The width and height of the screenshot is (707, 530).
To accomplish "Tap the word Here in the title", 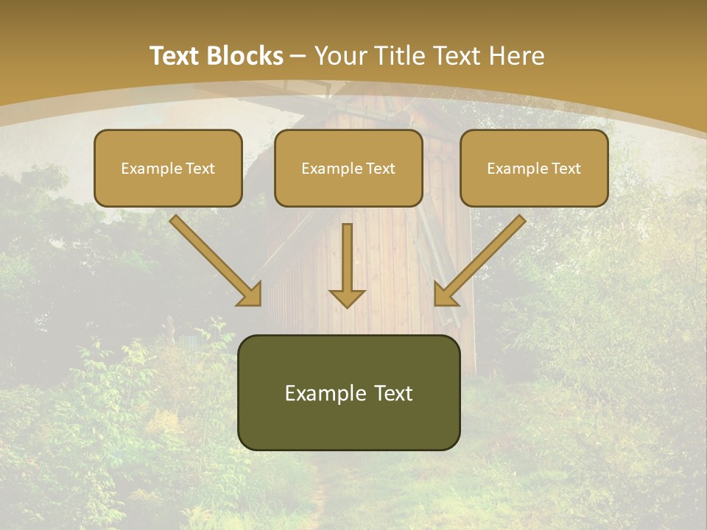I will [x=516, y=56].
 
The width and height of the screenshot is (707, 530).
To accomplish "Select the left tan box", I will [x=168, y=168].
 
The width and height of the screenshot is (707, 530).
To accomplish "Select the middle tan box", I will [x=348, y=168].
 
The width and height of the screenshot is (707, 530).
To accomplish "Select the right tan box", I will [x=534, y=168].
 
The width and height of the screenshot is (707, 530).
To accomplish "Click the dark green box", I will [x=348, y=392].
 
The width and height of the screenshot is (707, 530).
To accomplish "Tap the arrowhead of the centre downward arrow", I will [x=347, y=297].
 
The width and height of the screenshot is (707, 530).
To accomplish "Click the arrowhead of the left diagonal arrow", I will [x=250, y=294].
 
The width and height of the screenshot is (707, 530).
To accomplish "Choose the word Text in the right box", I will [x=566, y=169].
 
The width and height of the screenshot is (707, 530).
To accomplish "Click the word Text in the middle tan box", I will [x=380, y=169].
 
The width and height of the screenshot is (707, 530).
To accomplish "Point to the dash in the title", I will [x=298, y=57].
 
